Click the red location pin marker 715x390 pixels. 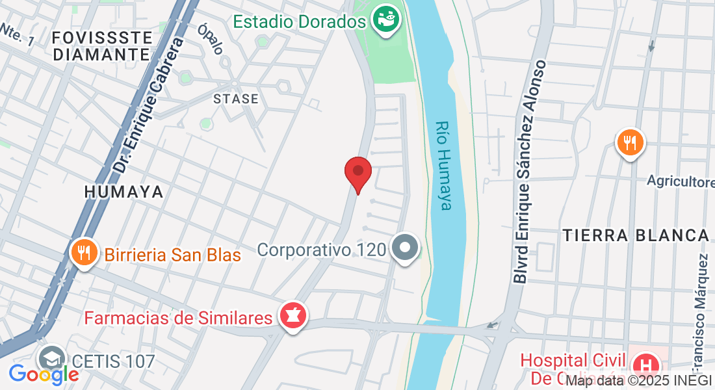[357, 172]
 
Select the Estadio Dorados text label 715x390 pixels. [300, 21]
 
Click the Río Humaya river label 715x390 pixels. [443, 166]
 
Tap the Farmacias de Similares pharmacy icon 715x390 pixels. [292, 317]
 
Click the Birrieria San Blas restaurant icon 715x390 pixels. [84, 252]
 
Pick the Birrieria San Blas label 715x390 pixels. [172, 255]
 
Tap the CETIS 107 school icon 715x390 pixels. [51, 359]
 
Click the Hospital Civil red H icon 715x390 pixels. [646, 363]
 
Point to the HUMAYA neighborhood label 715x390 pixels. [123, 192]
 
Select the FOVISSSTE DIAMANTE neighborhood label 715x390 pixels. [102, 45]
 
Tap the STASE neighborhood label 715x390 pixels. [236, 99]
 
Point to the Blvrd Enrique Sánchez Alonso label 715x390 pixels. [530, 172]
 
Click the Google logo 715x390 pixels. [43, 374]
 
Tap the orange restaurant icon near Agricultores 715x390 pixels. [630, 142]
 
